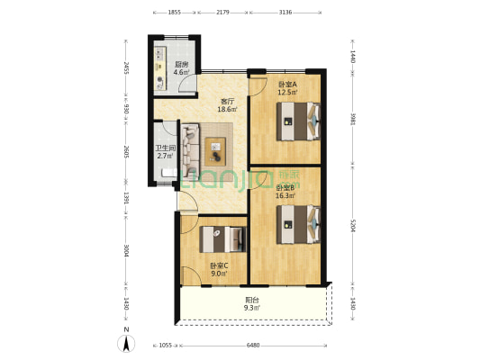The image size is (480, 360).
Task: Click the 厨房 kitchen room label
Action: pyautogui.click(x=181, y=64)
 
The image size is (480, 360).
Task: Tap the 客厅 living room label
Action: pyautogui.click(x=227, y=102)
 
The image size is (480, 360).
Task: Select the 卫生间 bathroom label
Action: pyautogui.click(x=164, y=148)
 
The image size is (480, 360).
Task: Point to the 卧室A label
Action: pyautogui.click(x=287, y=84)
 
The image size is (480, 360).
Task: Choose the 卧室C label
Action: pyautogui.click(x=219, y=265)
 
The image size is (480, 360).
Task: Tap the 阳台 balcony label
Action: pyautogui.click(x=252, y=301)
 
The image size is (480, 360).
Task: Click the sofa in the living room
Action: pyautogui.click(x=190, y=149)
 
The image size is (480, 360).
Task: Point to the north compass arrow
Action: pyautogui.click(x=126, y=342)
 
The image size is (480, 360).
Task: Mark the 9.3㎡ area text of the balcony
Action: pyautogui.click(x=252, y=309)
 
